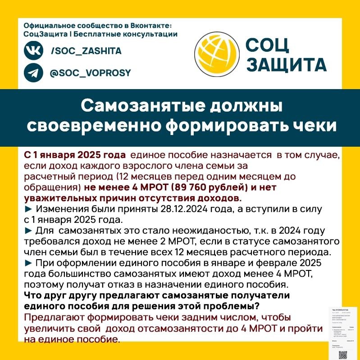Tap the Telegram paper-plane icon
[34, 73]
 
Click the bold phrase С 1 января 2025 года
[74, 155]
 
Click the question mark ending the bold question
[257, 306]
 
